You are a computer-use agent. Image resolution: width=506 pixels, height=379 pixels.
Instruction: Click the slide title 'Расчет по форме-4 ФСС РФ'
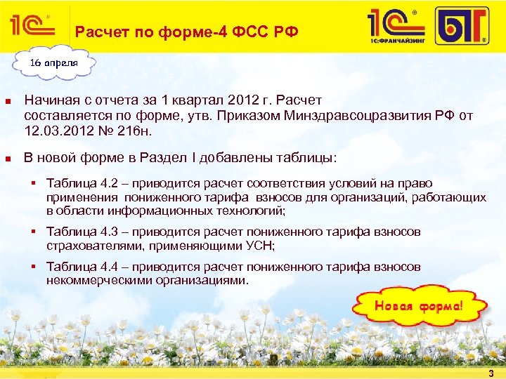187,32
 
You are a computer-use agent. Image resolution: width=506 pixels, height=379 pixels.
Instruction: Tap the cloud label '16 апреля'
53,62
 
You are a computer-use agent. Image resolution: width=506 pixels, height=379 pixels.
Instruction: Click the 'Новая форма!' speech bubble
419,307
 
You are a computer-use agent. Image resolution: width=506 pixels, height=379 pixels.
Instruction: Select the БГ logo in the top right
461,27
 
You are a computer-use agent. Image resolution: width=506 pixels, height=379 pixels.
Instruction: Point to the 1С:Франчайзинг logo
398,27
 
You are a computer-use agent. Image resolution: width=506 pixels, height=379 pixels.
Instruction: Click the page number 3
491,373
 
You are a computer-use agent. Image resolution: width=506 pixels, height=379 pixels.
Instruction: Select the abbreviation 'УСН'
261,246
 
